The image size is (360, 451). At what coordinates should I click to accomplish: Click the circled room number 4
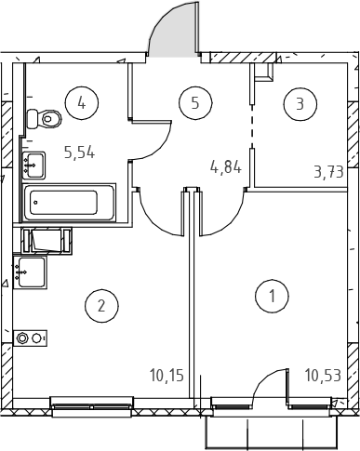pyautogui.click(x=82, y=102)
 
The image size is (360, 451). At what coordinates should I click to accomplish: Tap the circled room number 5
pyautogui.click(x=195, y=102)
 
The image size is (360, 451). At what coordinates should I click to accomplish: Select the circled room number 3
pyautogui.click(x=300, y=104)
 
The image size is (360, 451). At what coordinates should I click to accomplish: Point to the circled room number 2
pyautogui.click(x=101, y=306)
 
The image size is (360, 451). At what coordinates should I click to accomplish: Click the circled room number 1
pyautogui.click(x=272, y=296)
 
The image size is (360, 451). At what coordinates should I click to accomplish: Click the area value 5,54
pyautogui.click(x=79, y=153)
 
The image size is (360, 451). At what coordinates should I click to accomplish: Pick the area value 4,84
pyautogui.click(x=226, y=167)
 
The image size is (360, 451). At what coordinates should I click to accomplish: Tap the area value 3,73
pyautogui.click(x=329, y=172)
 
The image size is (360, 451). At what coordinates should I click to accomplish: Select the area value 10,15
pyautogui.click(x=167, y=375)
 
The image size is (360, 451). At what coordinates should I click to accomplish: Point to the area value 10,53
pyautogui.click(x=323, y=375)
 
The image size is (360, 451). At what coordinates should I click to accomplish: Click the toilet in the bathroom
pyautogui.click(x=45, y=119)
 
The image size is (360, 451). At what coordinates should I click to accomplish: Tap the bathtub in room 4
pyautogui.click(x=69, y=202)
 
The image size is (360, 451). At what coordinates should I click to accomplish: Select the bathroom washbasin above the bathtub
pyautogui.click(x=33, y=166)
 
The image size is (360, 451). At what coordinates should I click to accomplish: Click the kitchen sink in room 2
pyautogui.click(x=30, y=272)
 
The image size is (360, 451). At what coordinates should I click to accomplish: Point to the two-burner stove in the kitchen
pyautogui.click(x=30, y=338)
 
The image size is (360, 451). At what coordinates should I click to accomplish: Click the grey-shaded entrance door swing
pyautogui.click(x=172, y=30)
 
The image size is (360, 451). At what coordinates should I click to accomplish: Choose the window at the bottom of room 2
pyautogui.click(x=91, y=406)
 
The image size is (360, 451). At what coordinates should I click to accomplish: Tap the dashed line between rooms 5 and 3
pyautogui.click(x=252, y=126)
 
